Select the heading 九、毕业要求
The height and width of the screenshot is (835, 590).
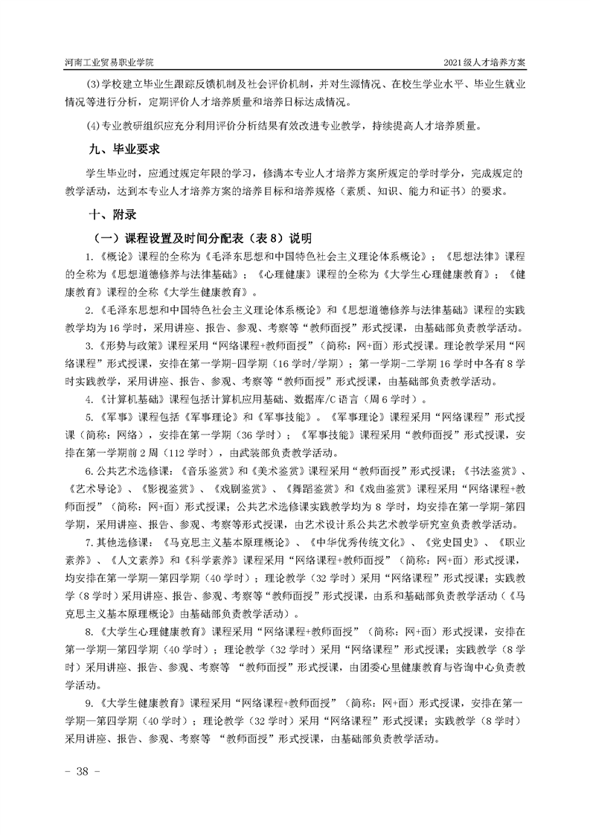tap(124, 149)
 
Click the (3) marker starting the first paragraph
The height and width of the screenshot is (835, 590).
tap(94, 84)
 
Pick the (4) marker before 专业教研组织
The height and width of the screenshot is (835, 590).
tap(94, 126)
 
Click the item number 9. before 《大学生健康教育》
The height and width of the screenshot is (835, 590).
tap(90, 703)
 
